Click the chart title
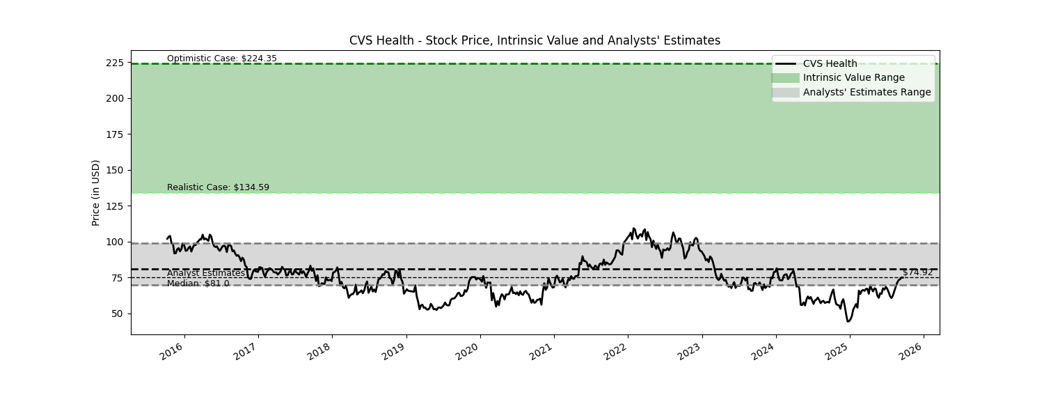[x=535, y=40]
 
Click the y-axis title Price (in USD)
[x=96, y=192]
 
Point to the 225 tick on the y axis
[x=115, y=63]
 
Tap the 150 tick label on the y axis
[x=115, y=170]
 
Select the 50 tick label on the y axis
[x=118, y=313]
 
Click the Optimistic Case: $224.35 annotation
[x=221, y=59]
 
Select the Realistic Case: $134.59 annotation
[x=218, y=187]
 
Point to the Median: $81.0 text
[x=198, y=284]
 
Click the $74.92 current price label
[x=917, y=272]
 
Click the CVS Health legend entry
[x=830, y=64]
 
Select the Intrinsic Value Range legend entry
[x=853, y=78]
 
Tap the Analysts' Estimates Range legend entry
[x=867, y=92]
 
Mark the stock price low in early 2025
[x=848, y=321]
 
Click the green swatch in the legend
[x=785, y=78]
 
